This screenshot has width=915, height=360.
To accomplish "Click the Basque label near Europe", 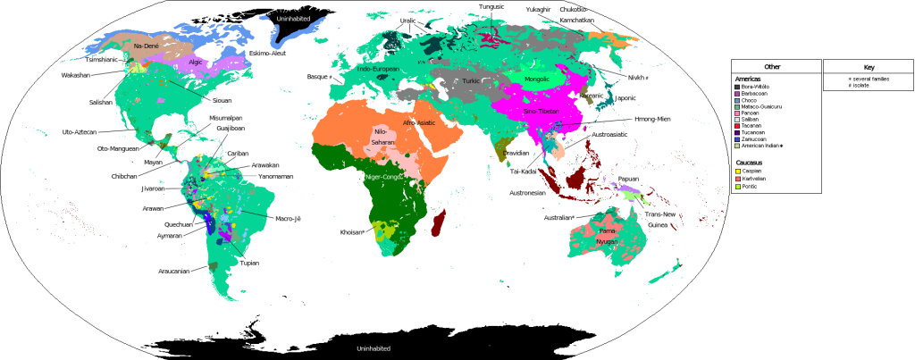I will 318,77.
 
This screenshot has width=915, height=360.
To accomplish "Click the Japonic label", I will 625,100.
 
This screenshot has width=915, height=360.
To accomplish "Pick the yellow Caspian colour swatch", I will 738,172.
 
